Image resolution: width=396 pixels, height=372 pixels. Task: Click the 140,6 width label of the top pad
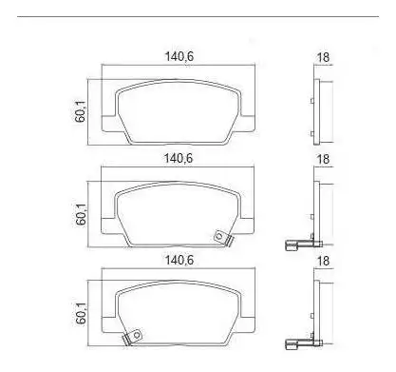179,56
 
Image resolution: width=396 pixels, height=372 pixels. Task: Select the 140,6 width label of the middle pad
178,158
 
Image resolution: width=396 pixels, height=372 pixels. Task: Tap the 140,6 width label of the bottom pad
179,261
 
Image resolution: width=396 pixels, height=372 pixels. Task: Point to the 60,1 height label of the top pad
80,111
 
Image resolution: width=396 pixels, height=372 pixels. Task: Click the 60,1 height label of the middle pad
81,214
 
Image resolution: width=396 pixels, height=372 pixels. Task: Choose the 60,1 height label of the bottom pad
81,313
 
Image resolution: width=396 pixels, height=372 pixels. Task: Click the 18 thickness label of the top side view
323,57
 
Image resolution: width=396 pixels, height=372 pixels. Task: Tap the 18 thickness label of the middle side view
323,159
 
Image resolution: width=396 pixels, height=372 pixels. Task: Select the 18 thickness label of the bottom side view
323,261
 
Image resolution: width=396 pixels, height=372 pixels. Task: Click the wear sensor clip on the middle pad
222,238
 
